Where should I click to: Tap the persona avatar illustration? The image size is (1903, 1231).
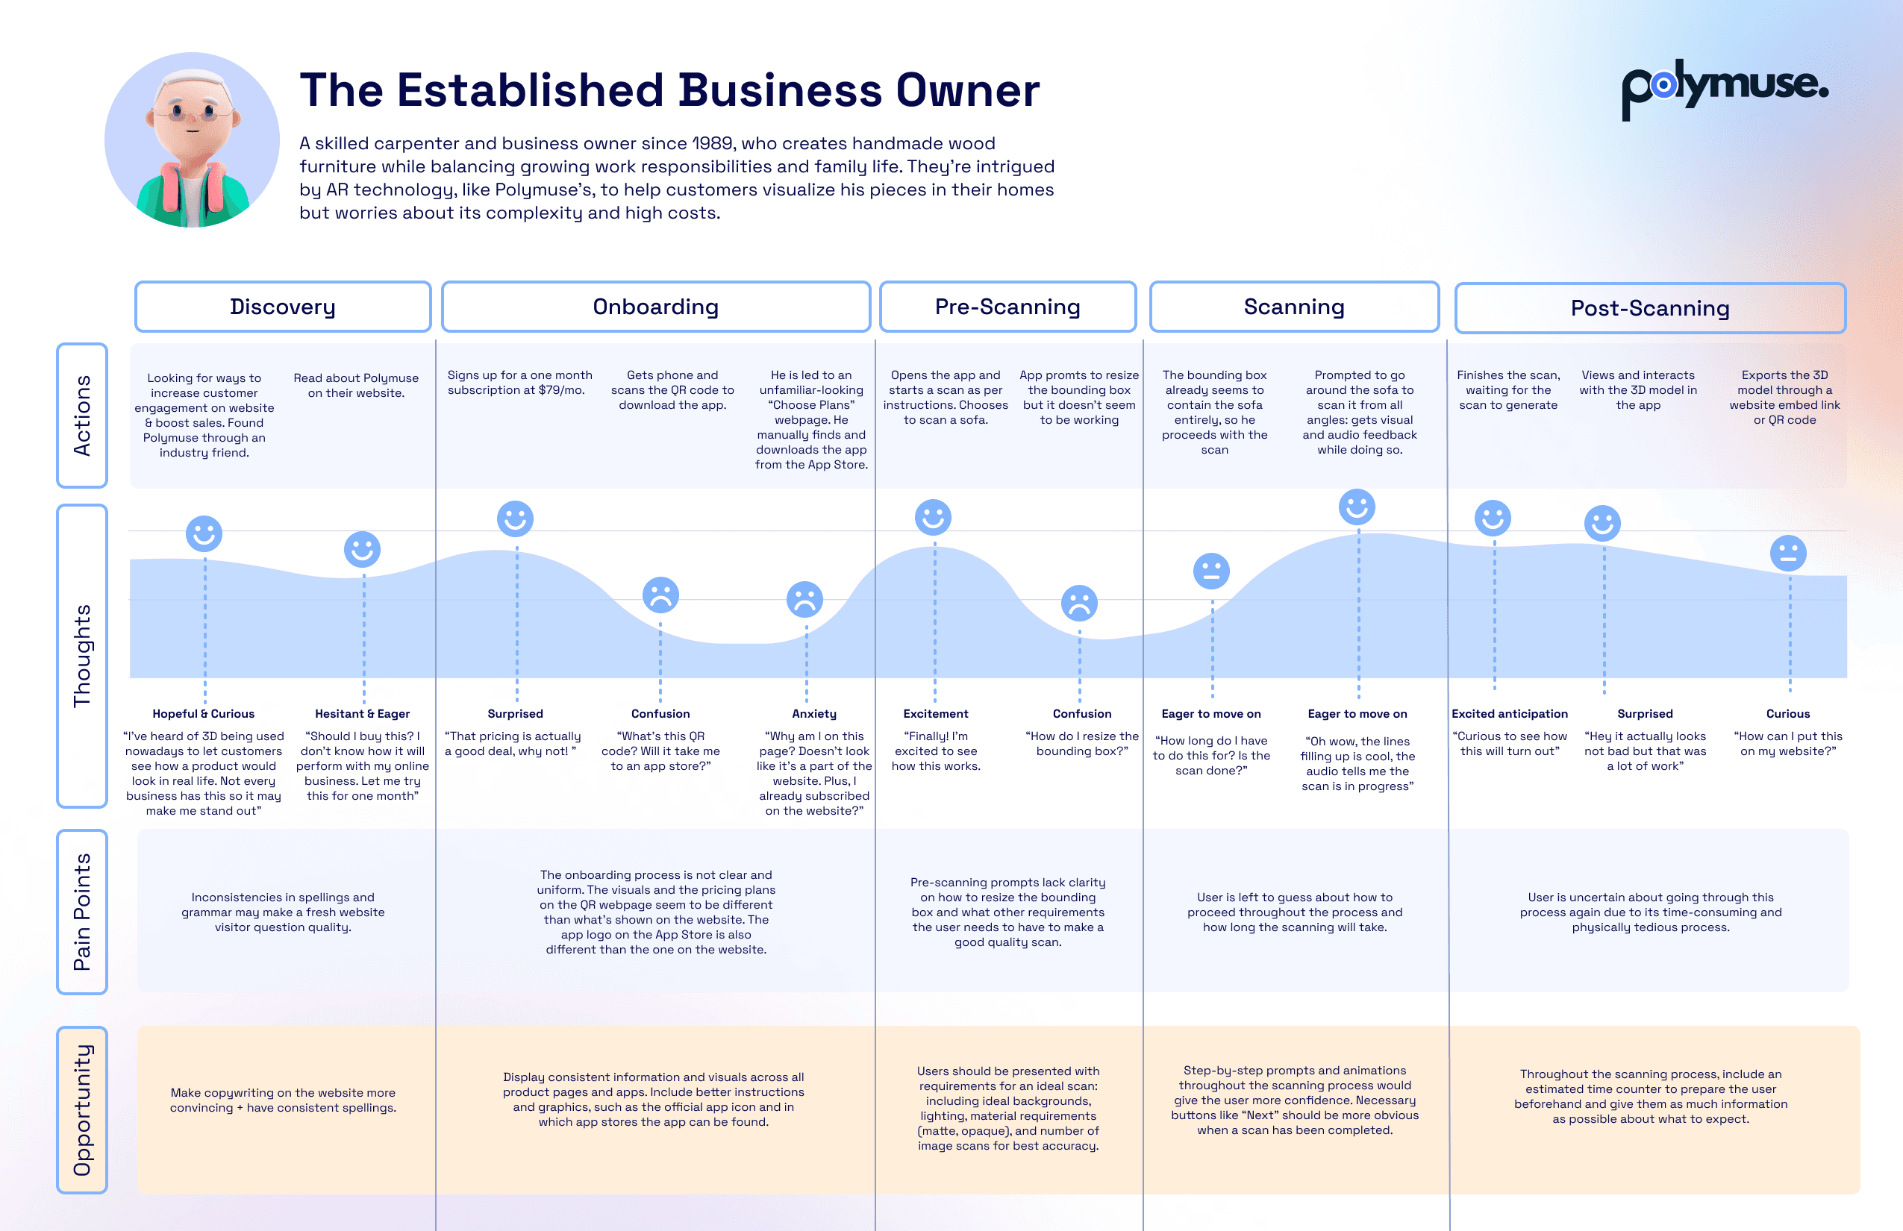(x=192, y=140)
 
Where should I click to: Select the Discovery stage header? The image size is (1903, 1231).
(x=282, y=307)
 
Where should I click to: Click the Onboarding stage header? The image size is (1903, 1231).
(x=656, y=307)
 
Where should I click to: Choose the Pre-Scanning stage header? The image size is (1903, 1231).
(x=1007, y=307)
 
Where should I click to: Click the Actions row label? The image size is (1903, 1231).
(x=81, y=416)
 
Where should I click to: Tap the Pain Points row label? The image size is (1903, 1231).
(x=81, y=912)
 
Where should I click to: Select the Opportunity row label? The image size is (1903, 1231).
(x=81, y=1110)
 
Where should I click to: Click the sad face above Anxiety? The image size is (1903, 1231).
(x=804, y=598)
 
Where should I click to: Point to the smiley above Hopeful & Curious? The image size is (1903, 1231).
(x=204, y=533)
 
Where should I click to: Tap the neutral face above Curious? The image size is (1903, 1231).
(x=1788, y=552)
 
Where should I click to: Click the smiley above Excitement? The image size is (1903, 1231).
(x=933, y=517)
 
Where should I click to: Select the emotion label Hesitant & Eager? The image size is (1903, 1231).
(x=362, y=714)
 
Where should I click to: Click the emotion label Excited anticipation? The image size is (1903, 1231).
(x=1510, y=714)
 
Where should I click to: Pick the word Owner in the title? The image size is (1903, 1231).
(x=967, y=90)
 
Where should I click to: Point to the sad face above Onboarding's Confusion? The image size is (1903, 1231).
(x=660, y=595)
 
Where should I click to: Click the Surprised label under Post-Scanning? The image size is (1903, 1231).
(x=1645, y=714)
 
